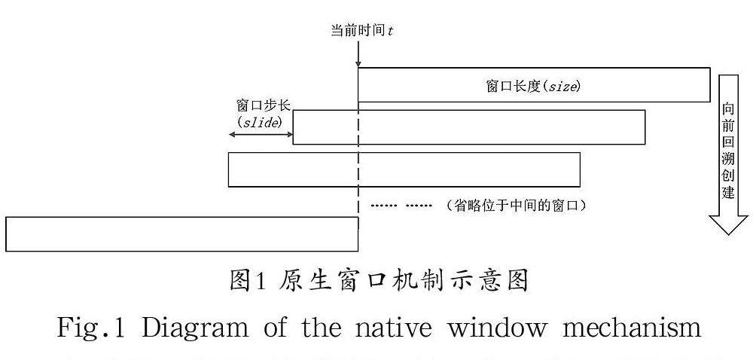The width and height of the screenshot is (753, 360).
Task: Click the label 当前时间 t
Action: click(361, 31)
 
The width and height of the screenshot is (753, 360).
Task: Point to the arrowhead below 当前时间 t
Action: click(358, 63)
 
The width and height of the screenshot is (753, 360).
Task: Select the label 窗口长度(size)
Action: click(533, 86)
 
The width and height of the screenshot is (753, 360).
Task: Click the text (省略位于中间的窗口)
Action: click(517, 205)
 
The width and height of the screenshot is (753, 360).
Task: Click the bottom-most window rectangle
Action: click(181, 233)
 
